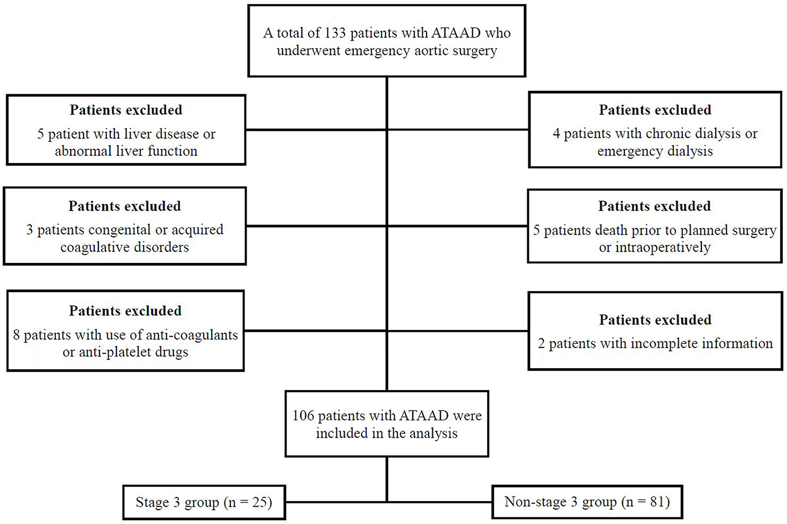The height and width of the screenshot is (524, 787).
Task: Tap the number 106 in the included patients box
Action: pyautogui.click(x=303, y=416)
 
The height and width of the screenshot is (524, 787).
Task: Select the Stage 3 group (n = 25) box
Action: pyautogui.click(x=204, y=502)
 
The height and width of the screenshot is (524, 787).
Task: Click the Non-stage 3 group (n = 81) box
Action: pyautogui.click(x=587, y=502)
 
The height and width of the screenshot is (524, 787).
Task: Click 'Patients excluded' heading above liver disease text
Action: pyautogui.click(x=126, y=110)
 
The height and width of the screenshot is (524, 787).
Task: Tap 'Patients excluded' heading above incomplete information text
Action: pyautogui.click(x=655, y=320)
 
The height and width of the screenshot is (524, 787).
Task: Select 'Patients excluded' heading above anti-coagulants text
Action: pyautogui.click(x=126, y=311)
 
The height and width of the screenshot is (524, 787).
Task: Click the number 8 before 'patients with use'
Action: pyautogui.click(x=16, y=335)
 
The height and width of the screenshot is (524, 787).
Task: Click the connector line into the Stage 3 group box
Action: pyautogui.click(x=336, y=501)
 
